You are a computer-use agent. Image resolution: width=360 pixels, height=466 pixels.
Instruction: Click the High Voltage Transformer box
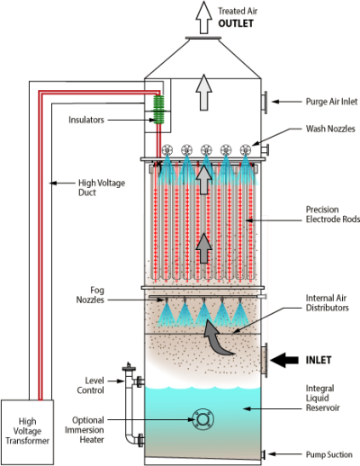tap(29, 429)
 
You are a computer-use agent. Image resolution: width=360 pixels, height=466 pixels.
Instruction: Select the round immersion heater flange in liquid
tap(202, 419)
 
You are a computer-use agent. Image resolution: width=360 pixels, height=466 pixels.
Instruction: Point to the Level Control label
tap(94, 384)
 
